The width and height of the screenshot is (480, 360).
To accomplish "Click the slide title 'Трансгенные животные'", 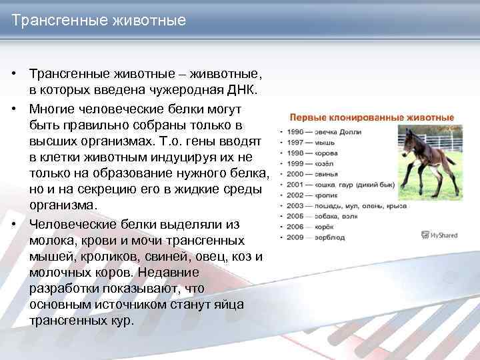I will click(99, 21).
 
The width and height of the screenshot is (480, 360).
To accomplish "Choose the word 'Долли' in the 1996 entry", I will click(349, 132).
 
